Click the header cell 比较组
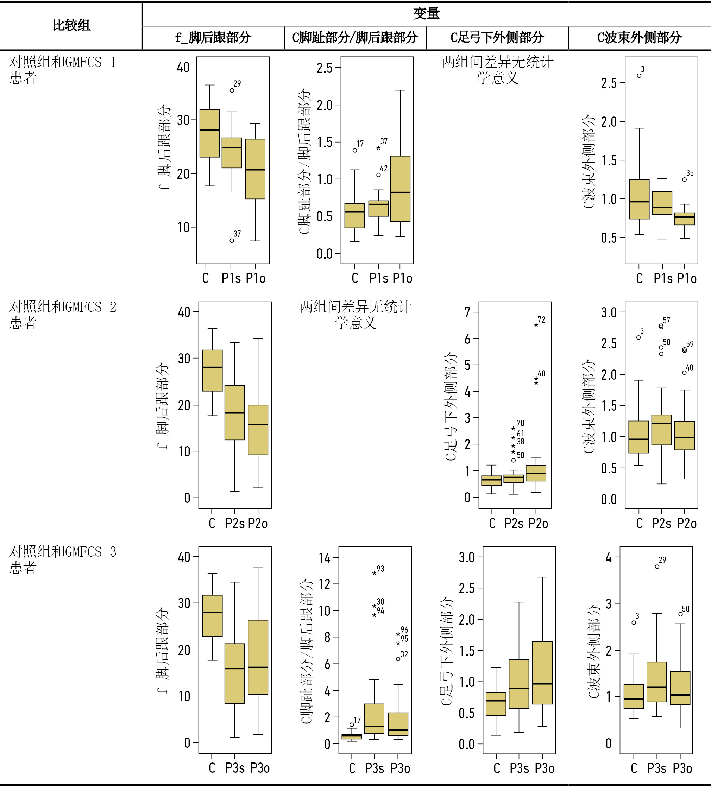click(x=71, y=25)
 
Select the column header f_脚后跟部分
click(x=213, y=38)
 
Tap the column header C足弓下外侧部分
click(x=497, y=38)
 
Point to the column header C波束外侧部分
click(x=639, y=38)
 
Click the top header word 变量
click(x=426, y=14)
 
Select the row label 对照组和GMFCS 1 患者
click(x=63, y=70)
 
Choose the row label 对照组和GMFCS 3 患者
click(x=63, y=559)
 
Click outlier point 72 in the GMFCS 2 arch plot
click(x=536, y=325)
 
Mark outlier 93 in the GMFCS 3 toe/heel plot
click(x=374, y=574)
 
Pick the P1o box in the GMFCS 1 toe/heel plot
click(x=400, y=189)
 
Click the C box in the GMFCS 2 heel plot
click(x=212, y=370)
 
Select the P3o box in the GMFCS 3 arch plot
click(x=542, y=673)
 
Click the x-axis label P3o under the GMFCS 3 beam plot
click(x=682, y=768)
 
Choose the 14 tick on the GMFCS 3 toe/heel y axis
click(x=325, y=558)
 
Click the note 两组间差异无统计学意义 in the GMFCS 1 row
click(x=497, y=70)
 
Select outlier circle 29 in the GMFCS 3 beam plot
click(x=657, y=567)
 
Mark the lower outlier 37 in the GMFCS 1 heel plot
click(x=232, y=241)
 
